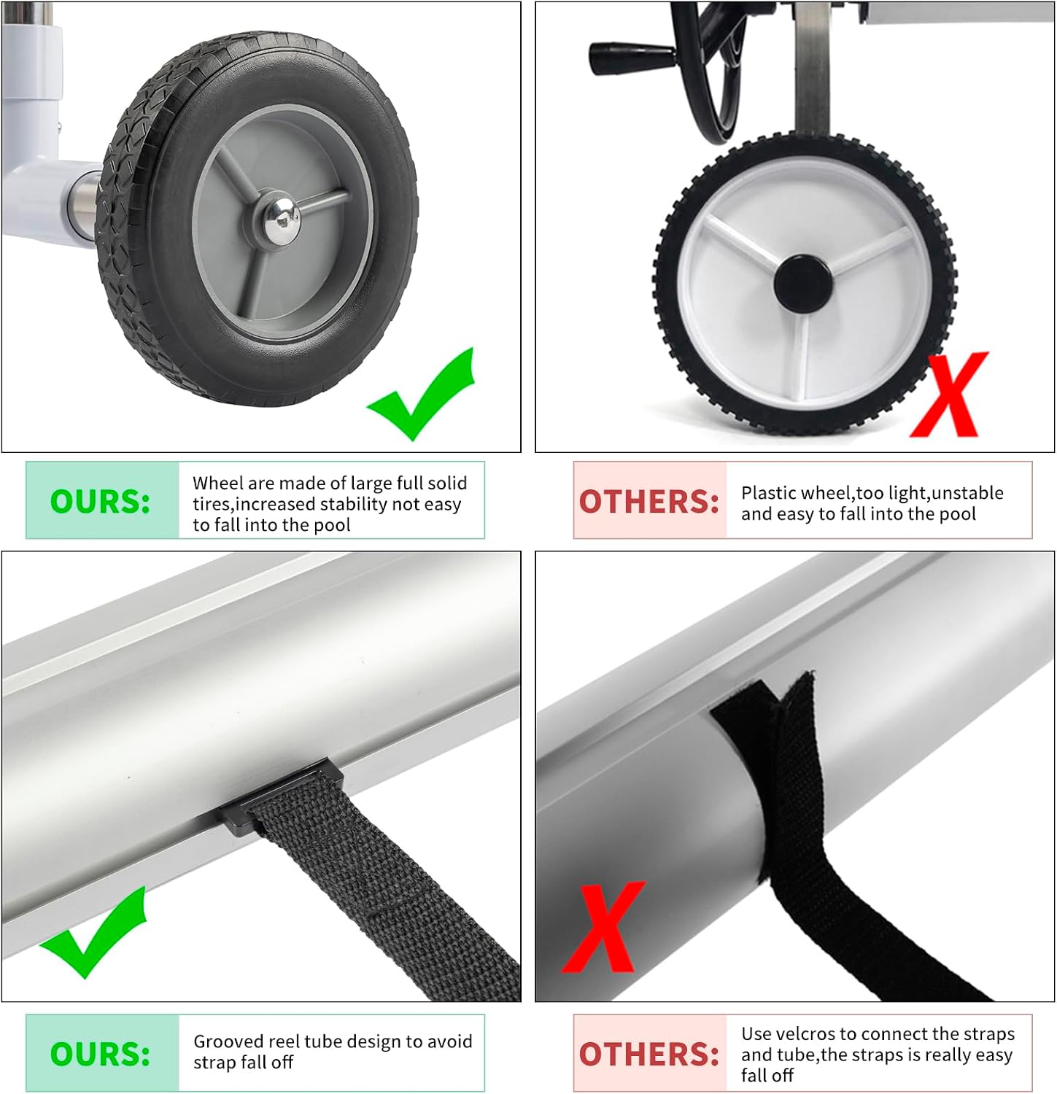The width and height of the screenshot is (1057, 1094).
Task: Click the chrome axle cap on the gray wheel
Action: tap(282, 220)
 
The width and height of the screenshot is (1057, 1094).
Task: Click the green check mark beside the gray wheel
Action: tap(422, 394)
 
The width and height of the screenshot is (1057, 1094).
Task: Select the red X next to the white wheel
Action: tap(949, 395)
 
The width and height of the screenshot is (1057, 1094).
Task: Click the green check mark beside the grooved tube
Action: tap(93, 932)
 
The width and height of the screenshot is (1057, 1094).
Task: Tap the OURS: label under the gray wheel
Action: tap(100, 502)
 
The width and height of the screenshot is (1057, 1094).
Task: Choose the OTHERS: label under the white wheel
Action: tap(649, 502)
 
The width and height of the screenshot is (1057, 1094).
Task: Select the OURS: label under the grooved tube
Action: tap(100, 1054)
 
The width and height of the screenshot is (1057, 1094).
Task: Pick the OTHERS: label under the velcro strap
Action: tap(649, 1055)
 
